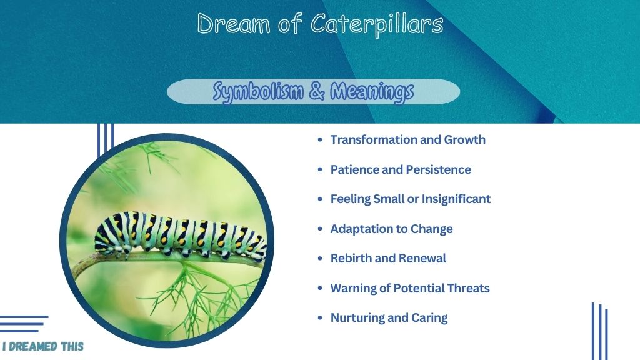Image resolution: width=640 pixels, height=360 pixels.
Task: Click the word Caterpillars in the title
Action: point(377,25)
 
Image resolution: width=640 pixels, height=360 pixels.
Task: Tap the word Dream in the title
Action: point(234,24)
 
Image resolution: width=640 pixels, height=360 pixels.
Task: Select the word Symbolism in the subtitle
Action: point(258,92)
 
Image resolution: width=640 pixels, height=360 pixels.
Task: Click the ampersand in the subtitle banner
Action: point(317,91)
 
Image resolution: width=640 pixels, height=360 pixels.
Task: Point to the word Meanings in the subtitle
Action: point(372,92)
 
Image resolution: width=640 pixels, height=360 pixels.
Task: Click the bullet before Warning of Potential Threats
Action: point(320,288)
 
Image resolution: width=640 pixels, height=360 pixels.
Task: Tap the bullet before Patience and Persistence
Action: point(320,169)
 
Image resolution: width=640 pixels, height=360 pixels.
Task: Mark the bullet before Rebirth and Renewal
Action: point(320,258)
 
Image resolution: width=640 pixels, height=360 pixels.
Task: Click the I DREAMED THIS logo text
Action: point(43,346)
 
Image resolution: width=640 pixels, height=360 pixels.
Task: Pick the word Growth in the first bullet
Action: point(465,139)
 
